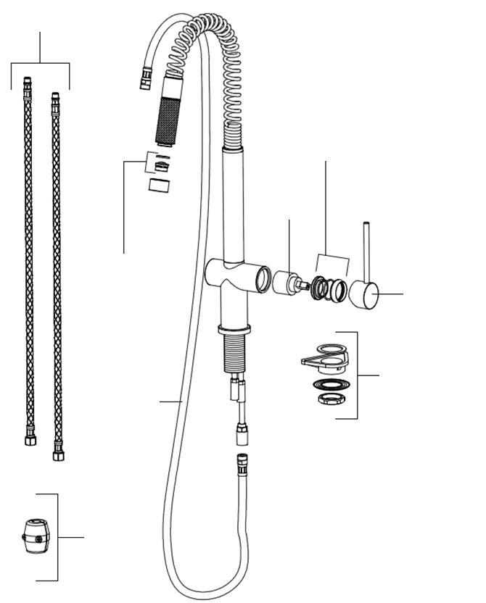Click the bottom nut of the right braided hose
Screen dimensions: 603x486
pyautogui.click(x=58, y=454)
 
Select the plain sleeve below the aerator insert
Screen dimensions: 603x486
pyautogui.click(x=159, y=185)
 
